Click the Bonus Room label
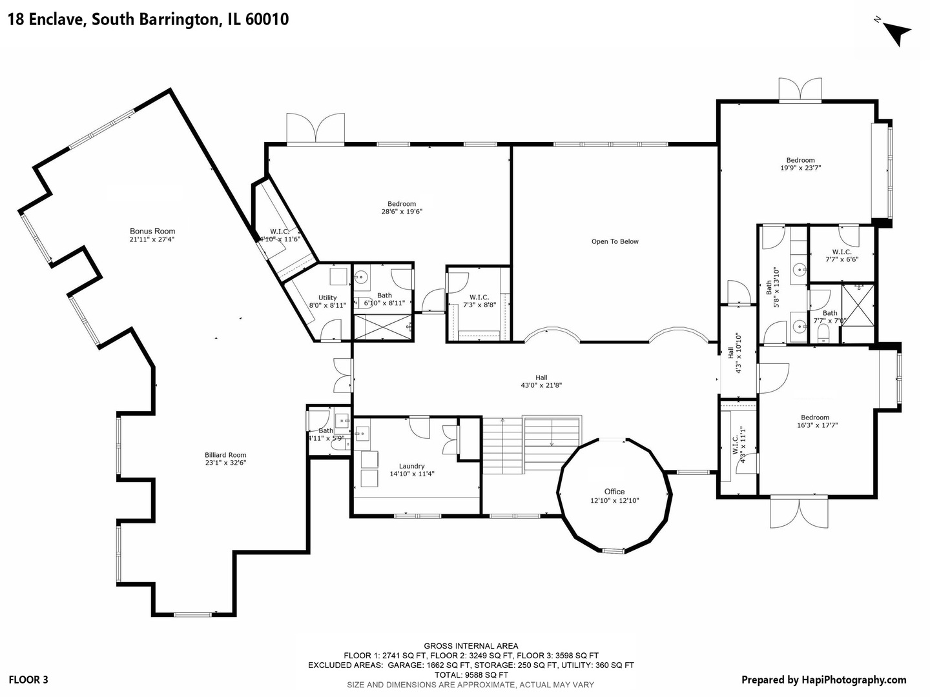[152, 231]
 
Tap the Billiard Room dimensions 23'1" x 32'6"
[225, 463]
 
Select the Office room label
[614, 492]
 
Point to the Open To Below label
[615, 241]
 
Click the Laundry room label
[411, 466]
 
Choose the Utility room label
[327, 298]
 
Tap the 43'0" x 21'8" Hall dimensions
[541, 385]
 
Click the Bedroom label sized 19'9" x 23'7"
[800, 160]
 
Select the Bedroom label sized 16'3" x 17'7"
[815, 418]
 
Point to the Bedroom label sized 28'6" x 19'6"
[402, 204]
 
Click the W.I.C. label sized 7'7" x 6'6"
[842, 252]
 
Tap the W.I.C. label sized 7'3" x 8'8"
[479, 298]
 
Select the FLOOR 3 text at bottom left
[28, 680]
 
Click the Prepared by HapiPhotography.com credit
[823, 680]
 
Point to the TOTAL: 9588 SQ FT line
[471, 675]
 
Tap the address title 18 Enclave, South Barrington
[148, 19]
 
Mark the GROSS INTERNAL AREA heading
[471, 646]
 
